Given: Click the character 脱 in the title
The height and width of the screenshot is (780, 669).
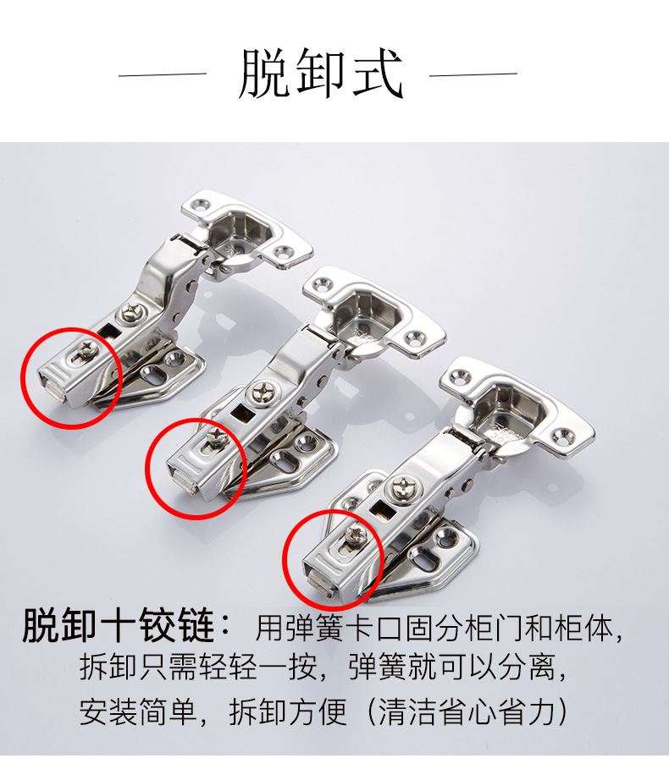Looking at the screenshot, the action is (x=264, y=74).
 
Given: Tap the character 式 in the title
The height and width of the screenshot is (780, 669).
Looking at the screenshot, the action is (x=378, y=74).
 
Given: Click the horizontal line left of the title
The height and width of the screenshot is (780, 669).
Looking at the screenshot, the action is (x=163, y=74).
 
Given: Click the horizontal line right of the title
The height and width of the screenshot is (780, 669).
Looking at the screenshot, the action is (x=473, y=74).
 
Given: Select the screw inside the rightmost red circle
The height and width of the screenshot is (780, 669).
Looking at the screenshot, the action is (x=357, y=535).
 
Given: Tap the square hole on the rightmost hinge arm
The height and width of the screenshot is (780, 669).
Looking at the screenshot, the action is (x=381, y=509).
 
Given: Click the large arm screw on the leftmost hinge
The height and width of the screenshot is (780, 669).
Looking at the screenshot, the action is (x=131, y=313).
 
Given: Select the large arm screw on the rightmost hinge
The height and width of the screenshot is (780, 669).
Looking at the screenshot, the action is (x=403, y=488).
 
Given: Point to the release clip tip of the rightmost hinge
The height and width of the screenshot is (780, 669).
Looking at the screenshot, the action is (x=319, y=586).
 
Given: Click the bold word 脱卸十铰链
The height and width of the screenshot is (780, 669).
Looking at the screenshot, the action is (x=119, y=625).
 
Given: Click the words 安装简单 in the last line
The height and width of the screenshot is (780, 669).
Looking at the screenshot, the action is (x=138, y=711).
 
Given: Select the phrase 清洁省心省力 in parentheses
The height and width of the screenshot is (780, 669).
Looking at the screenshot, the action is (x=466, y=711).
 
